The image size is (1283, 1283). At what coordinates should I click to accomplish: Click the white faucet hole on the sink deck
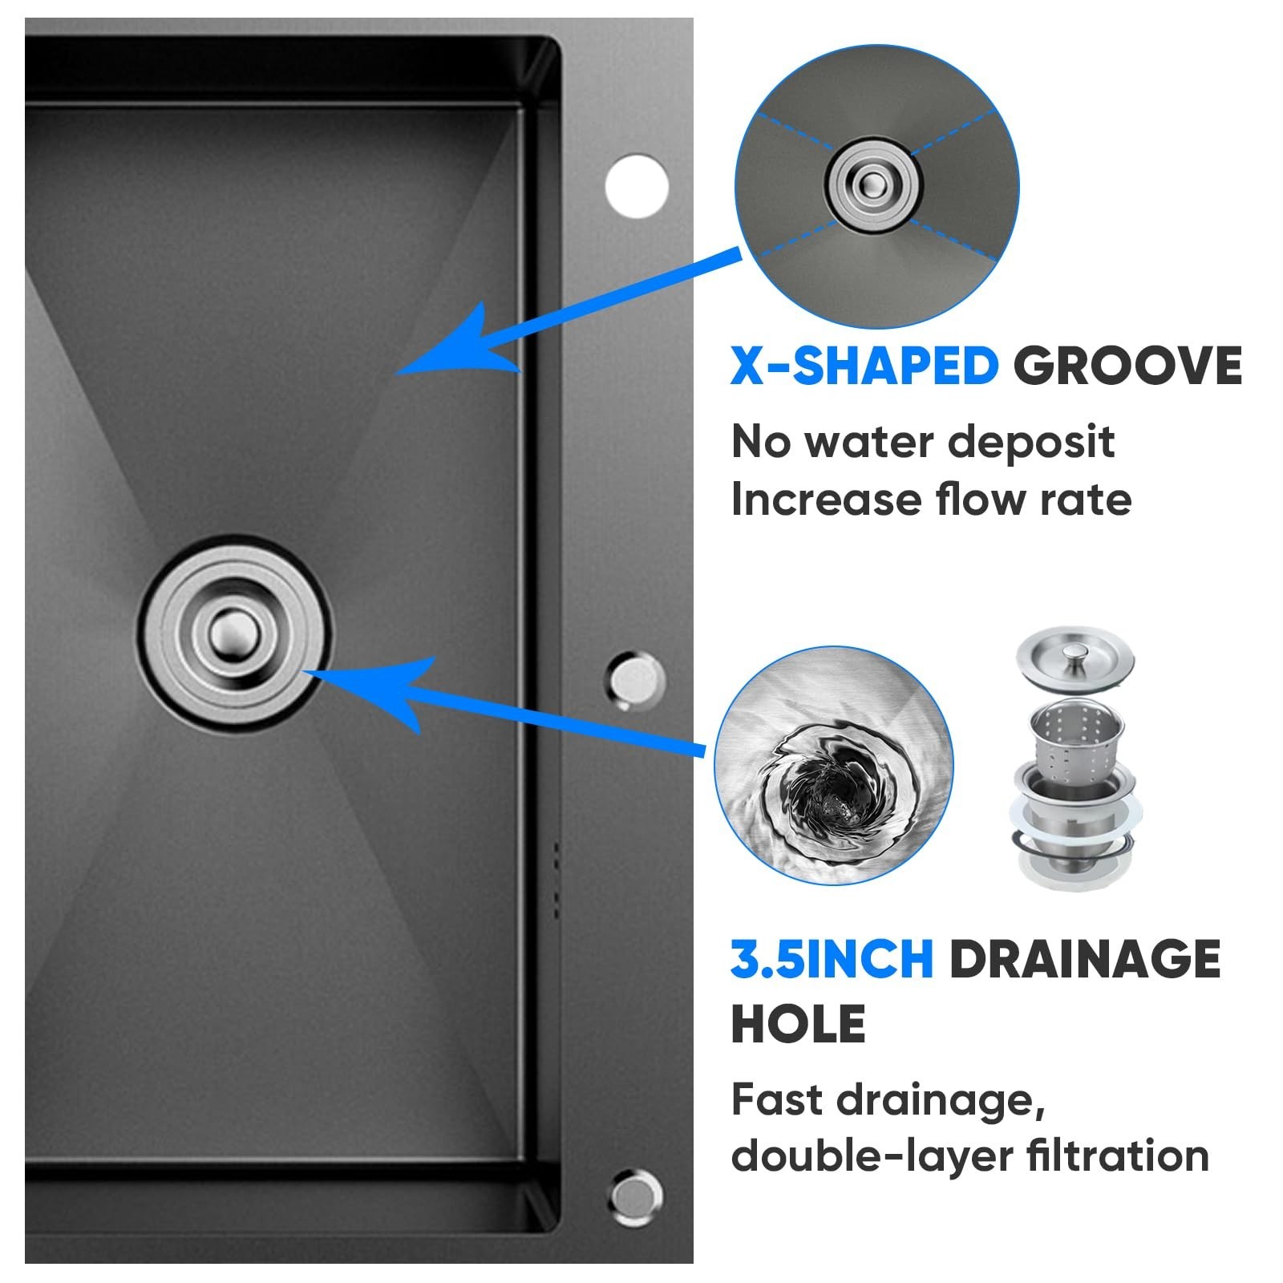637,185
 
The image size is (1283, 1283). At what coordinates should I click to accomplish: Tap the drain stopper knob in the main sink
234,633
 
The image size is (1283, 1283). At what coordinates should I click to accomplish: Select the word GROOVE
1127,366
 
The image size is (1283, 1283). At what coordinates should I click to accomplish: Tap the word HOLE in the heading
799,1023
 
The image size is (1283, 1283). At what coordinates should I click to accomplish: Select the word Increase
827,500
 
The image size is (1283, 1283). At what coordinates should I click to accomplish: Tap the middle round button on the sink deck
636,679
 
